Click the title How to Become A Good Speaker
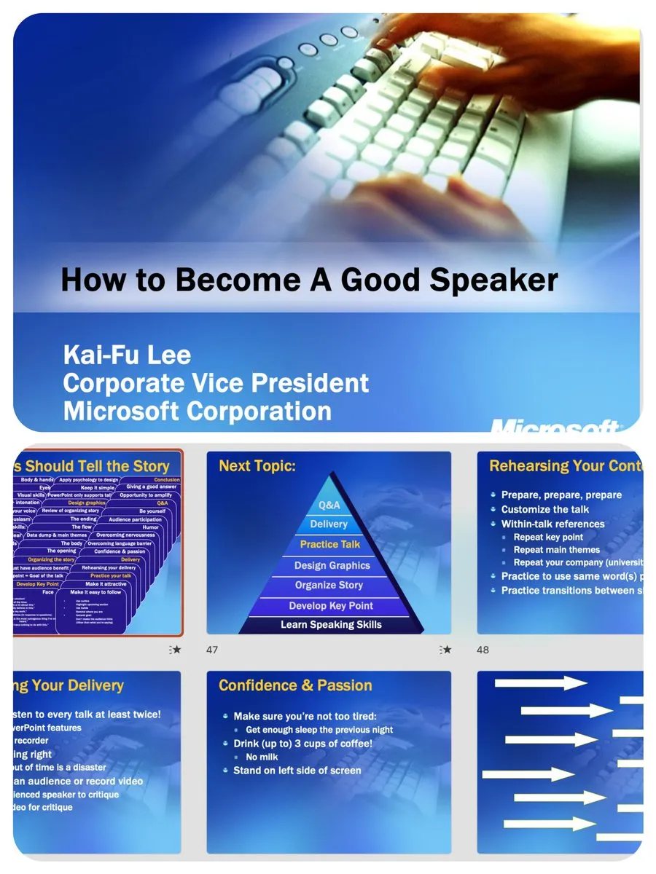tap(309, 280)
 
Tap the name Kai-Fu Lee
tap(127, 355)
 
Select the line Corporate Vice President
tap(216, 382)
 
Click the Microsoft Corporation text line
tap(197, 411)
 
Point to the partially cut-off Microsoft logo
tap(554, 425)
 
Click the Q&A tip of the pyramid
tap(329, 505)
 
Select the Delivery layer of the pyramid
tap(329, 524)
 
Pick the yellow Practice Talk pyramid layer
tap(330, 544)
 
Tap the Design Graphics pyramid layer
tap(332, 565)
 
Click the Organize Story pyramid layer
tap(331, 585)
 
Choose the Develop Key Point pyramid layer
tap(331, 605)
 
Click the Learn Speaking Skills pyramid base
tap(331, 624)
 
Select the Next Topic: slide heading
tap(257, 466)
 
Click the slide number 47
tap(212, 650)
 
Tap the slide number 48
tap(483, 650)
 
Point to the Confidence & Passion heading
tap(295, 685)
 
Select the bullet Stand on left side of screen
tap(297, 771)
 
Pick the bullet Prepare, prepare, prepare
tap(561, 495)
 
